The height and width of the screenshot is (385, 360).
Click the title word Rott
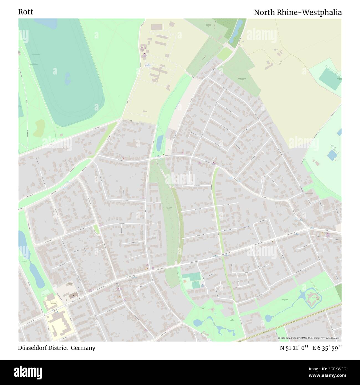pyautogui.click(x=25, y=12)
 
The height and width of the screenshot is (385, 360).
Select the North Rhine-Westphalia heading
pyautogui.click(x=298, y=12)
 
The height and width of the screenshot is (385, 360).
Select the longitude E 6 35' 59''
pyautogui.click(x=327, y=348)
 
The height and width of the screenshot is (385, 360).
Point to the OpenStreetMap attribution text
pyautogui.click(x=310, y=338)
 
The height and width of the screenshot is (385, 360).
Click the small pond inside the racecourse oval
pyautogui.click(x=67, y=79)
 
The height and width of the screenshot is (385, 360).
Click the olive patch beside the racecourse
pyautogui.click(x=39, y=128)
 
